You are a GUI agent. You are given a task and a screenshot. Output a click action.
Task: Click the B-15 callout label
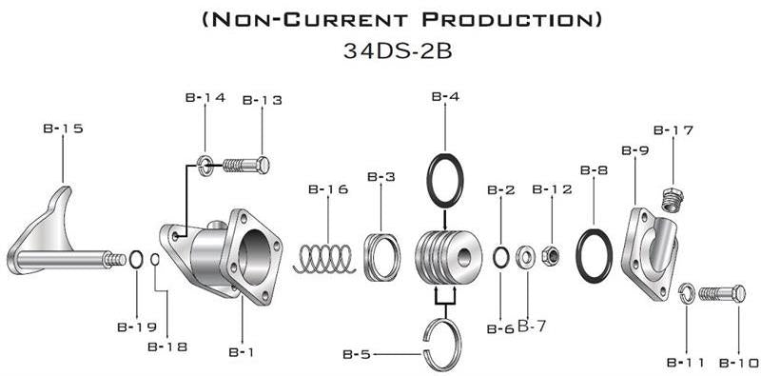(x=63, y=129)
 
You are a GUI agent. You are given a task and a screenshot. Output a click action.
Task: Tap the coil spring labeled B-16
(x=324, y=259)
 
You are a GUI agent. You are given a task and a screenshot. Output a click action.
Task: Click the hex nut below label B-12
(x=552, y=254)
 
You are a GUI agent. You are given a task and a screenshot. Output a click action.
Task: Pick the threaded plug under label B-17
(x=673, y=200)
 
